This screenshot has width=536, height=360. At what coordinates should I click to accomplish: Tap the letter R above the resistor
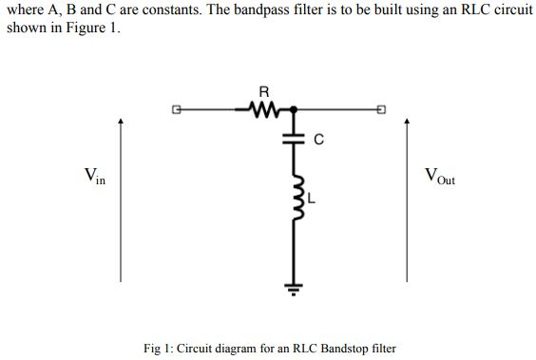click(x=263, y=92)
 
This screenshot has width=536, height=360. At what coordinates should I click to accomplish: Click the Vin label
click(x=94, y=176)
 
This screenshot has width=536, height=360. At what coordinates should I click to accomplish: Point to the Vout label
click(x=440, y=176)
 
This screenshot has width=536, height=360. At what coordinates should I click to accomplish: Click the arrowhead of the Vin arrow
click(x=121, y=122)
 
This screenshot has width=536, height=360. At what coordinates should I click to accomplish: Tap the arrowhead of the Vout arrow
click(x=408, y=122)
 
